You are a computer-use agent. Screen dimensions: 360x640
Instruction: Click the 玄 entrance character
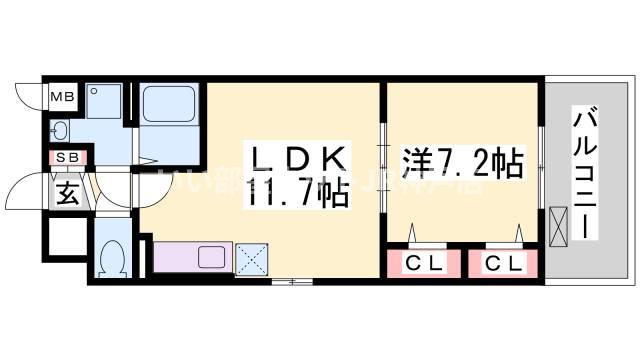(66, 190)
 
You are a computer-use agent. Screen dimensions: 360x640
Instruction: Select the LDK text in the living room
(299, 159)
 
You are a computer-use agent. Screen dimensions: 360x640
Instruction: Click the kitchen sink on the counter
(212, 257)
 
